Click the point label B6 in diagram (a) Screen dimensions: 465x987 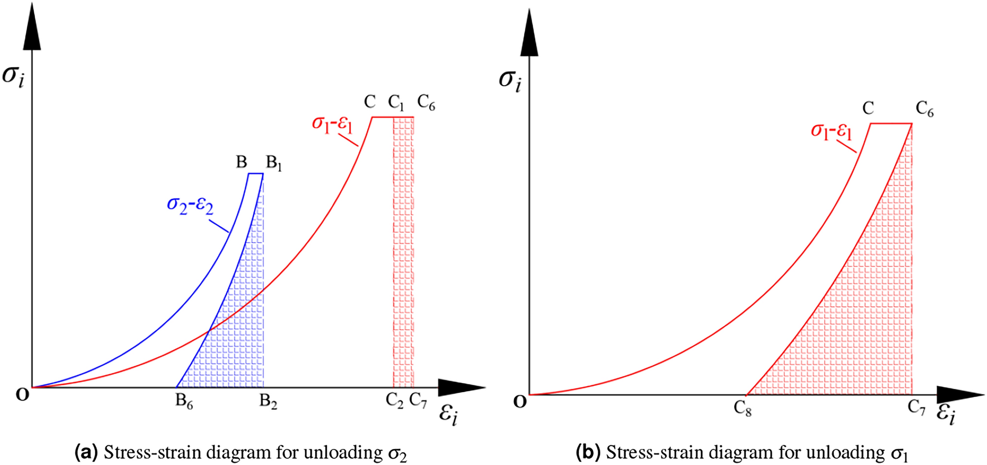[184, 402]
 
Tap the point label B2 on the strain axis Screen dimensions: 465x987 [269, 402]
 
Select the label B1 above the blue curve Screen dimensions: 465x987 [274, 163]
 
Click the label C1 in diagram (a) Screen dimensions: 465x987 [396, 103]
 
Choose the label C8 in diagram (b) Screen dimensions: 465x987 [743, 408]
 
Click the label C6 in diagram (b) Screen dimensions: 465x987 [925, 109]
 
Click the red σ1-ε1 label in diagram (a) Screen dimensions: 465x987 [332, 124]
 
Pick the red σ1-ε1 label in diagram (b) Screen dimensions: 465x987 [832, 131]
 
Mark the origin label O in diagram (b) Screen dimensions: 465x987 [520, 402]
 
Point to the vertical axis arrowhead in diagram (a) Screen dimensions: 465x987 [32, 27]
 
